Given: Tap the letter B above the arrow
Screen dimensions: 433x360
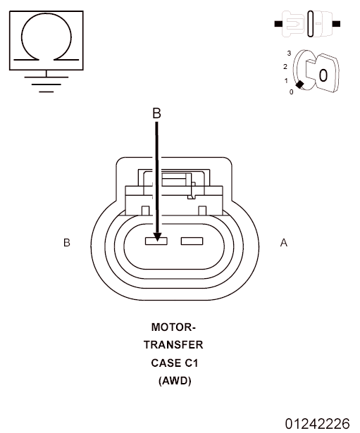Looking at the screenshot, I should (157, 113).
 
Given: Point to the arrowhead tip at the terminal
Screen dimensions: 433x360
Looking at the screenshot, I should (157, 239).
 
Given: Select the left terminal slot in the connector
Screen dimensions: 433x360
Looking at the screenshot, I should (156, 241).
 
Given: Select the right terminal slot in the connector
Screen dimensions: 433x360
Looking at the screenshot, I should (192, 241).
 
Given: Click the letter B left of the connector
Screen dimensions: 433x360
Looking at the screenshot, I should (67, 243).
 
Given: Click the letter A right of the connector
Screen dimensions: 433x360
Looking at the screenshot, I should (284, 243).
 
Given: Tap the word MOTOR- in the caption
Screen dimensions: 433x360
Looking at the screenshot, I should (173, 327).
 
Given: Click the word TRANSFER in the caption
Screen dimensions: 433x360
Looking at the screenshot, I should (173, 345).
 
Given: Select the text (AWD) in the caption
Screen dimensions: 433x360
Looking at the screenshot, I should (173, 381).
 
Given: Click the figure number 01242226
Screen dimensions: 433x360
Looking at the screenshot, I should (317, 423).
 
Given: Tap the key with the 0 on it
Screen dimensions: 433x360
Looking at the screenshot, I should (321, 73).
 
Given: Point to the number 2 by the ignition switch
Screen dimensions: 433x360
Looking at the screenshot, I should (285, 66).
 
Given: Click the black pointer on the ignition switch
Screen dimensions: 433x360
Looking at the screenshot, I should (299, 85).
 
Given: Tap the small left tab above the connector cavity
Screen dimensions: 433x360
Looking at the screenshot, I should (145, 210).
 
